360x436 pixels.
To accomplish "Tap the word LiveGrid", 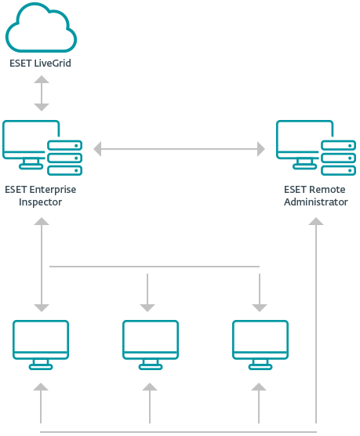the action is (53, 63).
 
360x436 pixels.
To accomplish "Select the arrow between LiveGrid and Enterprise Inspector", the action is (42, 93).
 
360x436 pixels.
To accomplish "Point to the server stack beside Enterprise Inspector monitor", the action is (64, 158).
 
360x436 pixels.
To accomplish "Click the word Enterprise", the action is (53, 190).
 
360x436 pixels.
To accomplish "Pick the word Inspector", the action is (40, 202).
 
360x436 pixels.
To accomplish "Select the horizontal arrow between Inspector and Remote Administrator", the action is (179, 149).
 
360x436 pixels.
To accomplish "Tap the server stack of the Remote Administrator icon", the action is (338, 158).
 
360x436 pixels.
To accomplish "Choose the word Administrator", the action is (316, 202).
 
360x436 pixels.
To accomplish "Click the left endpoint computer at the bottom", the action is (41, 345).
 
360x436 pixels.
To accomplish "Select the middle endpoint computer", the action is (151, 345).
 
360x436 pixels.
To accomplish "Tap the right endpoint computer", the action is (260, 345).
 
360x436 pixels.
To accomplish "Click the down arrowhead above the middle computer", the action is (147, 308).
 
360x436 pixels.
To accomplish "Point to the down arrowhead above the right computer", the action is (260, 308).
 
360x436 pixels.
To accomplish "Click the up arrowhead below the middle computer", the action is (150, 387).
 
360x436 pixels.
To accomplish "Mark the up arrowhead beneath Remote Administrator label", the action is (316, 221).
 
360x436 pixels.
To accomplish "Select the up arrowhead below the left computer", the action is (41, 387).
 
